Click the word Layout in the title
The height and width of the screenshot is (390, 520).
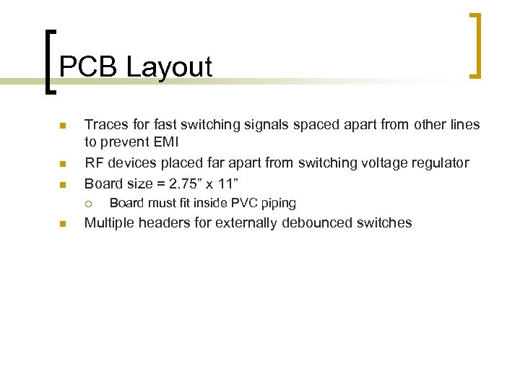click(x=169, y=66)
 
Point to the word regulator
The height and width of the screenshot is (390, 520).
click(x=439, y=162)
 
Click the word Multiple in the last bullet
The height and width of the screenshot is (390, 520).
click(x=110, y=222)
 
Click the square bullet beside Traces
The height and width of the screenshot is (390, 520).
click(x=62, y=126)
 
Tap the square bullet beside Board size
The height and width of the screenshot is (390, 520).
click(x=62, y=184)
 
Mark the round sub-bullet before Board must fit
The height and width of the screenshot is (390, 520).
click(x=89, y=204)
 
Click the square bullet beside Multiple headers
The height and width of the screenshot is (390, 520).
click(x=62, y=225)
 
